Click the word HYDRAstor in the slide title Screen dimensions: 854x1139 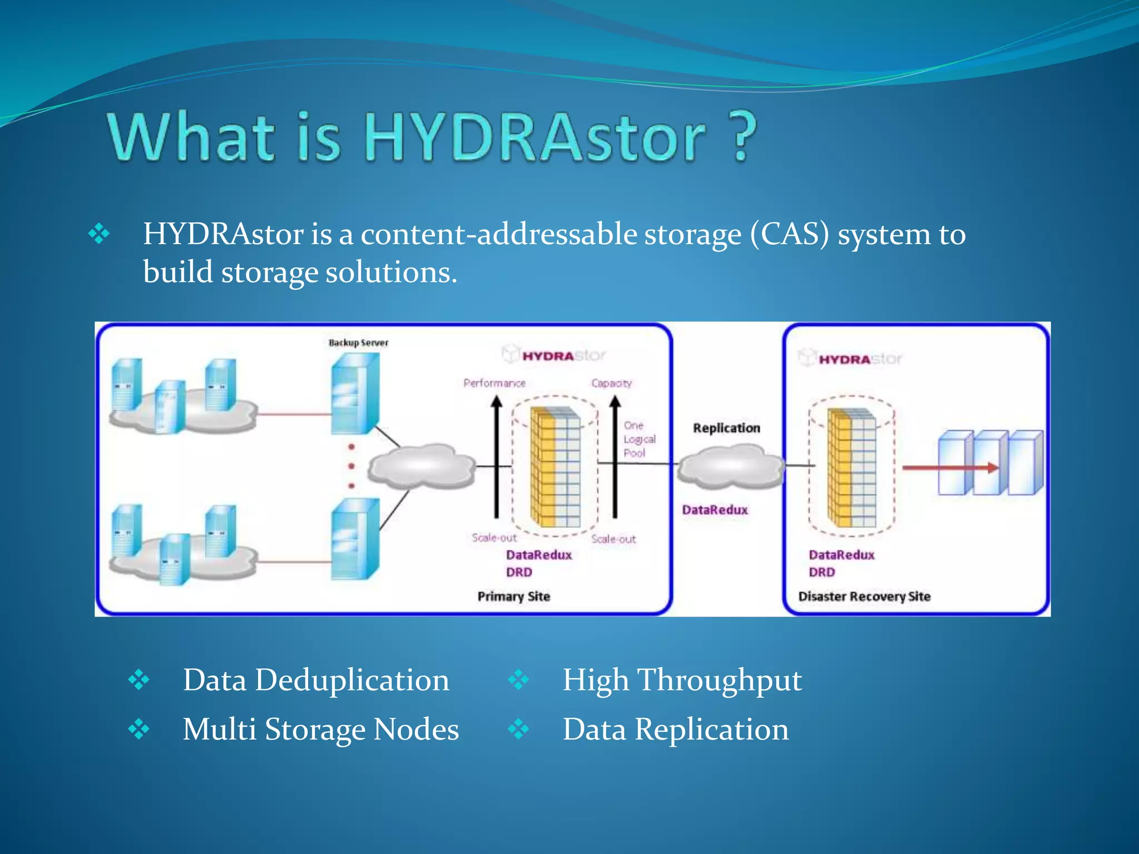535,137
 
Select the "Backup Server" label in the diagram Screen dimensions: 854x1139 358,343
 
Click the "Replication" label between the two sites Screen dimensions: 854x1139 726,428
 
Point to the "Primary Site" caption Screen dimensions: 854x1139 513,597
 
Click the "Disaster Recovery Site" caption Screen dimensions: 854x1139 864,597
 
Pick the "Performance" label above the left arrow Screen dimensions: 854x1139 494,383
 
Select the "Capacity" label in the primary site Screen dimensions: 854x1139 611,383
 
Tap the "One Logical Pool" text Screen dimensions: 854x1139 638,439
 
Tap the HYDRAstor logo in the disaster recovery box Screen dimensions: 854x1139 851,359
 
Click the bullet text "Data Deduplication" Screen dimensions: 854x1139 316,680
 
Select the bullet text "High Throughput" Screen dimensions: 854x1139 682,680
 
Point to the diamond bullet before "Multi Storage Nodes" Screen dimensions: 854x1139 138,729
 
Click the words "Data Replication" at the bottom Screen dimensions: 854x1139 675,729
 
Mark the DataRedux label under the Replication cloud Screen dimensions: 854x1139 715,510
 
